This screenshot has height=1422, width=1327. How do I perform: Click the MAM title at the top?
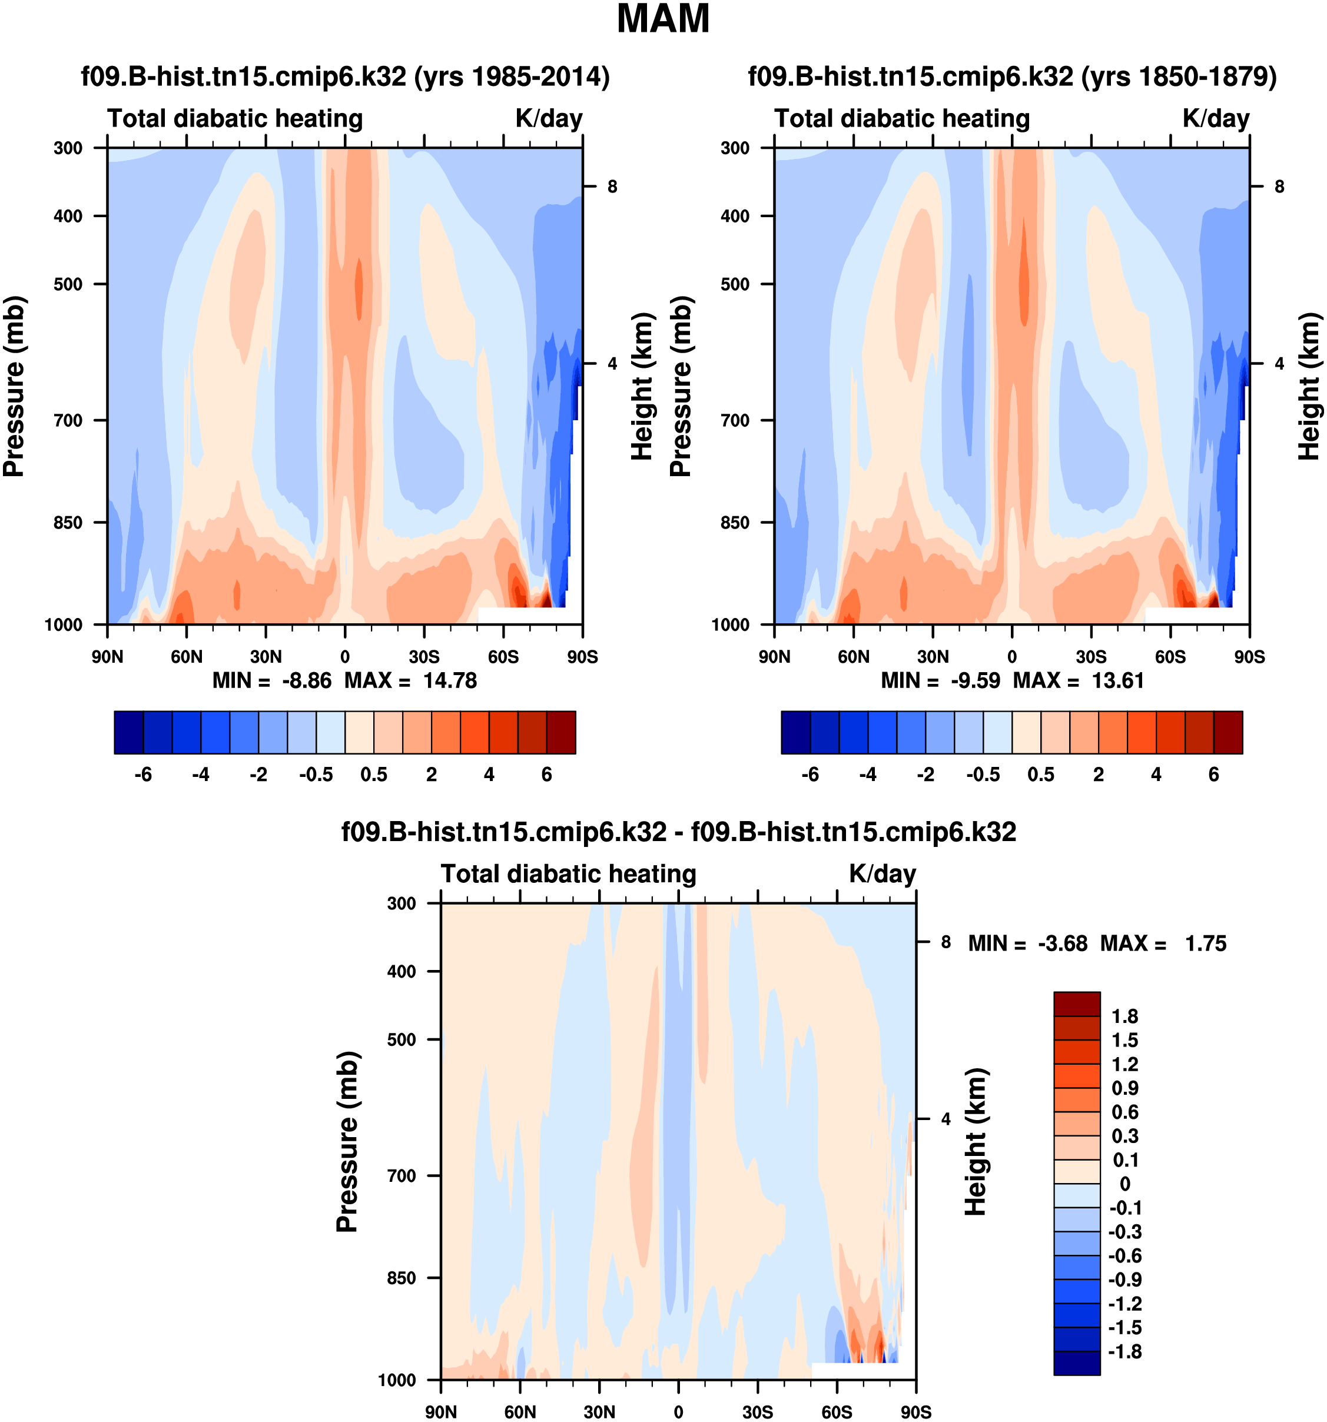[663, 19]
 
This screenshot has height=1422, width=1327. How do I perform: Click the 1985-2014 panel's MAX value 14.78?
[449, 680]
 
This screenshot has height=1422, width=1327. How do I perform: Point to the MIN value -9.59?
[975, 680]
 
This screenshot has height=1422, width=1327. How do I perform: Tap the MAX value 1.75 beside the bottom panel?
[1205, 943]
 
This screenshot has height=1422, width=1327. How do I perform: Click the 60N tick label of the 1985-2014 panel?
[187, 657]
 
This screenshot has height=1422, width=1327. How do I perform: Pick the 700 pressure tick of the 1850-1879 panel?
[735, 421]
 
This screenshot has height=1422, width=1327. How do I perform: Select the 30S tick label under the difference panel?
[758, 1412]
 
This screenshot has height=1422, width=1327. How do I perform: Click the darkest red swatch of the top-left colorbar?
[561, 732]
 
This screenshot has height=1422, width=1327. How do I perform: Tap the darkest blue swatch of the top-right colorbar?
[795, 732]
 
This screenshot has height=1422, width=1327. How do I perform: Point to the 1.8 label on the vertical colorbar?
[1124, 1016]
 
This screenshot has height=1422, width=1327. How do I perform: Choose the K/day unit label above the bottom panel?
[882, 874]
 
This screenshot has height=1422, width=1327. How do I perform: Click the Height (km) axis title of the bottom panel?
[976, 1142]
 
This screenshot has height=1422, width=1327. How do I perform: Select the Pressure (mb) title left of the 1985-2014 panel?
[14, 386]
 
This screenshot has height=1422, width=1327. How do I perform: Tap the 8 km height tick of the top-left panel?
[612, 187]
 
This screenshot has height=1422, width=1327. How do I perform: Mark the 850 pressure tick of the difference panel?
[402, 1278]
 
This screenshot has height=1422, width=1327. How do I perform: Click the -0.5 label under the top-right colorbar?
[983, 775]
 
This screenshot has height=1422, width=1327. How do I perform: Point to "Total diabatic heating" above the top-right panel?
[902, 119]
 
